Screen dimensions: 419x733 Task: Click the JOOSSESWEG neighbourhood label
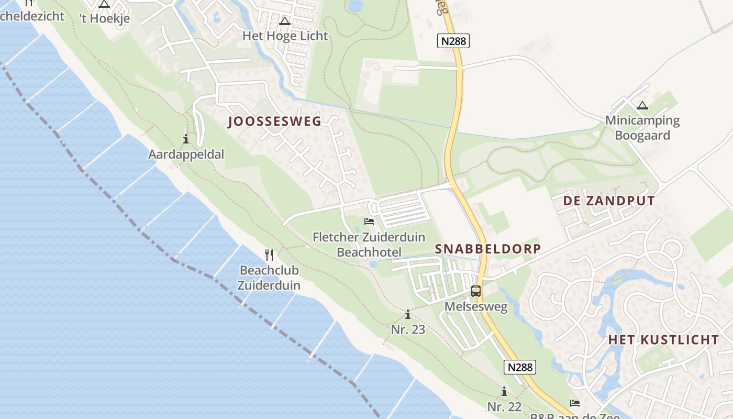click(x=275, y=122)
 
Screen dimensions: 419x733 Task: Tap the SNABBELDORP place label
click(x=488, y=249)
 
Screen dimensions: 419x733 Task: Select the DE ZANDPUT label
click(x=609, y=201)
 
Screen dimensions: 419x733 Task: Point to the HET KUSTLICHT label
click(x=663, y=339)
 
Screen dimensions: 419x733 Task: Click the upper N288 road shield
click(x=453, y=41)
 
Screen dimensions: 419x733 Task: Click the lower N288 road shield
click(x=520, y=367)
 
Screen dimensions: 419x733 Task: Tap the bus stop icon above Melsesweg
click(x=475, y=291)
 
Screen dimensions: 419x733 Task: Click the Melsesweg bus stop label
click(x=476, y=306)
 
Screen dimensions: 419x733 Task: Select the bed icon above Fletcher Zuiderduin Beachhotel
click(x=369, y=222)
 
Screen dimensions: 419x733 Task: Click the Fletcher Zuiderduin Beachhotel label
click(x=369, y=245)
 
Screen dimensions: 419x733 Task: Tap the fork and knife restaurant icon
click(x=269, y=255)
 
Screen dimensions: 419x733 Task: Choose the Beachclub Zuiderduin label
click(x=269, y=278)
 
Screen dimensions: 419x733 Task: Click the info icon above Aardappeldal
click(x=186, y=139)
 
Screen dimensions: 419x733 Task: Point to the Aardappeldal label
click(x=186, y=155)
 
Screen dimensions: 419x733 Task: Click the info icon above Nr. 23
click(x=408, y=314)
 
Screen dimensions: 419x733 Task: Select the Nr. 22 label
click(x=504, y=406)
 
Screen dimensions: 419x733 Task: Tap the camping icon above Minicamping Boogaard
click(x=642, y=105)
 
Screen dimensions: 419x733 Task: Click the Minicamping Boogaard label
click(x=642, y=128)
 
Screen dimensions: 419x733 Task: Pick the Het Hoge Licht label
click(x=285, y=36)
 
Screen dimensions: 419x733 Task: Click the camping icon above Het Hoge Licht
click(x=285, y=21)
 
